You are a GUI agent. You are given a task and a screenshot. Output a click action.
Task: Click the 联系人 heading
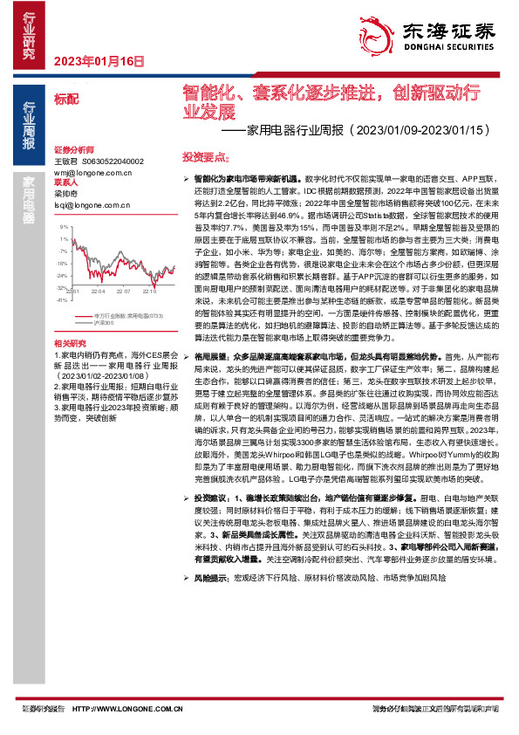[x=66, y=183]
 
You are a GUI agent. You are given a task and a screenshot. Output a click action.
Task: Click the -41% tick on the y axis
[x=63, y=299]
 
